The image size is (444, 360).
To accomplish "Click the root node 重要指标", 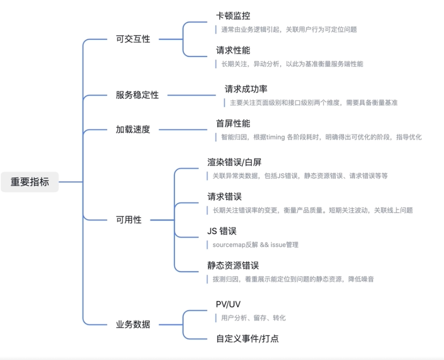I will [30, 182].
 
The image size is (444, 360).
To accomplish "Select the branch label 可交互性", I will [133, 39].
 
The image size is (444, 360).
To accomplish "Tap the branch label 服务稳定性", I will [137, 95].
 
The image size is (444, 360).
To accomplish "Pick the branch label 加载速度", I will [133, 130].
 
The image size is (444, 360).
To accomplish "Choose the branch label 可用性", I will [129, 220].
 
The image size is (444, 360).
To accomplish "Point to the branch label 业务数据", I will [133, 324].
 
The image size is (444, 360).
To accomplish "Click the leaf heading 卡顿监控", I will [233, 17].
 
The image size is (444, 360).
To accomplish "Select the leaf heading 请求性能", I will [233, 51].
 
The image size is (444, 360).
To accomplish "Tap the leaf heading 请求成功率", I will [246, 89].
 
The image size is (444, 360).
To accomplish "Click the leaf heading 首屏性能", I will [233, 124].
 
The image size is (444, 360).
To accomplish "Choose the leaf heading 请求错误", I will [224, 197].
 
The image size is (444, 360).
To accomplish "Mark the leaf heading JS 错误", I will [222, 231].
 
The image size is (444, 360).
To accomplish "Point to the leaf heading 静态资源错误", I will [233, 265].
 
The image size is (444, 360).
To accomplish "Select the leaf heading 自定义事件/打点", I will [247, 338].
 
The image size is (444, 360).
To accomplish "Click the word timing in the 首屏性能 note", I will [276, 137].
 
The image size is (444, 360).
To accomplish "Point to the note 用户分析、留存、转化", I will [253, 318].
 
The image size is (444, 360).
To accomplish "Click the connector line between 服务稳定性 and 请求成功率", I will [191, 95].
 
